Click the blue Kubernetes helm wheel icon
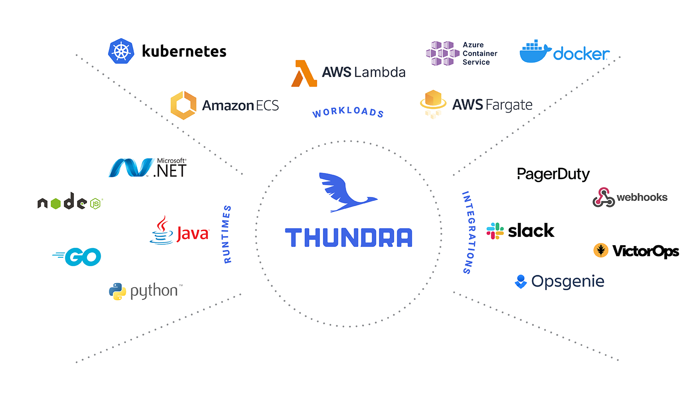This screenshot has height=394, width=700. coord(121,51)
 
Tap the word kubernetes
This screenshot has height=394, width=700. coord(184,52)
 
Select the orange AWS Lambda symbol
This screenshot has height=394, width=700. coord(304,74)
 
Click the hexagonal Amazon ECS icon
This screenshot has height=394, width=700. coord(183,105)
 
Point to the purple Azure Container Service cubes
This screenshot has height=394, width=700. coord(442,53)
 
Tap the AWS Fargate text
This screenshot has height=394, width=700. coord(492,105)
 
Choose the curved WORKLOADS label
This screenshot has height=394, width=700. coord(348,112)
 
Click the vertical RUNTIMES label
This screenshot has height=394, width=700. coord(227,234)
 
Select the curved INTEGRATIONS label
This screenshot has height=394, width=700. coord(468,232)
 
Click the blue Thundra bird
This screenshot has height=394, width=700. coord(346,193)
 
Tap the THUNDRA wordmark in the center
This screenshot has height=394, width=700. coord(349,238)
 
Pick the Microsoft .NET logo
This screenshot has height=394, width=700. coord(148,168)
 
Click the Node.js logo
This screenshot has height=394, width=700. coord(70,202)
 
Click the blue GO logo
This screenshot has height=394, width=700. coord(77,257)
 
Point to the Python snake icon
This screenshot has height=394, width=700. coord(117,292)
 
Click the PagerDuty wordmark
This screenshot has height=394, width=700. coord(553,174)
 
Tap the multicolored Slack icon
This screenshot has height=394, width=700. coord(495,231)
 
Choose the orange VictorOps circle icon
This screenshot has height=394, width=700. coord(601,250)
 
